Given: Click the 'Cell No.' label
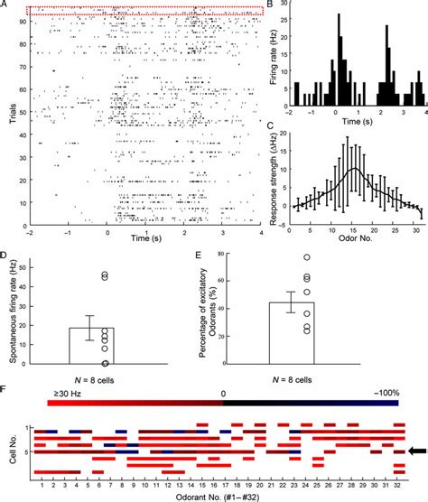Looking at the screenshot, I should point(11,449).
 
